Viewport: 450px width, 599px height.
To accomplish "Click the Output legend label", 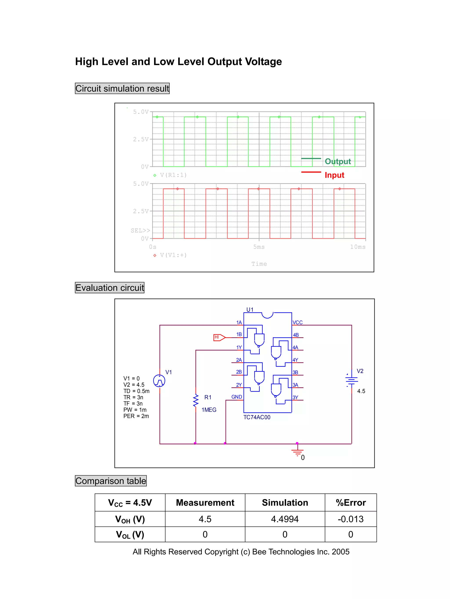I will tap(338, 161).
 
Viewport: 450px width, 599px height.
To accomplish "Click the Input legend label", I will tap(334, 175).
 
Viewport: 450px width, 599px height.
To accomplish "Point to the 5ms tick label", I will tap(259, 247).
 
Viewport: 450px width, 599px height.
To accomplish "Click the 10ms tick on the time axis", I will tap(357, 247).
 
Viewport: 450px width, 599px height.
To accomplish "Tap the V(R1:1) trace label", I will tap(173, 175).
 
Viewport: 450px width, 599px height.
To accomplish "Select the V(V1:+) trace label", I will tap(173, 255).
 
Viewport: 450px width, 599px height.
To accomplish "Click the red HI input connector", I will tap(219, 337).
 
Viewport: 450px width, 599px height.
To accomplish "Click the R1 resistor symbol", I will tap(196, 401).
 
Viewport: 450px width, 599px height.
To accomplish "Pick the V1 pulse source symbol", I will tap(159, 381).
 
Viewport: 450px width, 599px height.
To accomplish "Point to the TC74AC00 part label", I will tap(257, 417).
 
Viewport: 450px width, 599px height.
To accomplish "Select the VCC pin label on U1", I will tap(297, 322).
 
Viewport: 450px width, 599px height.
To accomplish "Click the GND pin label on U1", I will tap(236, 397).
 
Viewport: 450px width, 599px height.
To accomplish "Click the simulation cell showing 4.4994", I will tap(285, 519).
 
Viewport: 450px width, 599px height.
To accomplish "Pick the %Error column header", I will tap(350, 502).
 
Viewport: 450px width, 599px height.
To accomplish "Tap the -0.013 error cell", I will tap(350, 519).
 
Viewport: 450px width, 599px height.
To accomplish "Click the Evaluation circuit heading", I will tap(110, 288).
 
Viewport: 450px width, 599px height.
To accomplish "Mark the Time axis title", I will tap(259, 264).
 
